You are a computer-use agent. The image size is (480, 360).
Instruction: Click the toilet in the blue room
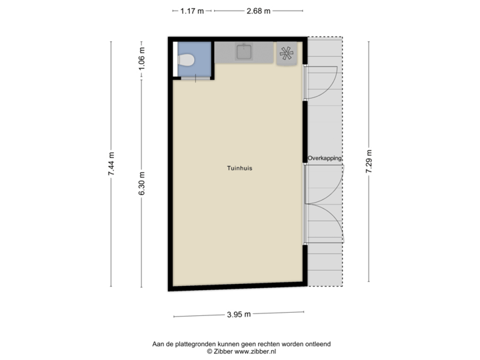(x=187, y=61)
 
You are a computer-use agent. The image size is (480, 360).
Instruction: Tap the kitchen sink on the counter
(x=244, y=51)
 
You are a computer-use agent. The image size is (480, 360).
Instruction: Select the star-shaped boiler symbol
(x=288, y=54)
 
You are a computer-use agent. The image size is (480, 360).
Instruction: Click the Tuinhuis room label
(x=239, y=169)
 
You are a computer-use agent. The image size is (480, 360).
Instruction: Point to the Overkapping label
(x=325, y=158)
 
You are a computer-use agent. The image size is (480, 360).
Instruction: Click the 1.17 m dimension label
(x=192, y=10)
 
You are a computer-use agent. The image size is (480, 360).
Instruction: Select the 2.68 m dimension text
(x=259, y=10)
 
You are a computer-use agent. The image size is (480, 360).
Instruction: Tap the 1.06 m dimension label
(x=142, y=59)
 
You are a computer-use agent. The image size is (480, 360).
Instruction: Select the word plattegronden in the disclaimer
(x=191, y=343)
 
